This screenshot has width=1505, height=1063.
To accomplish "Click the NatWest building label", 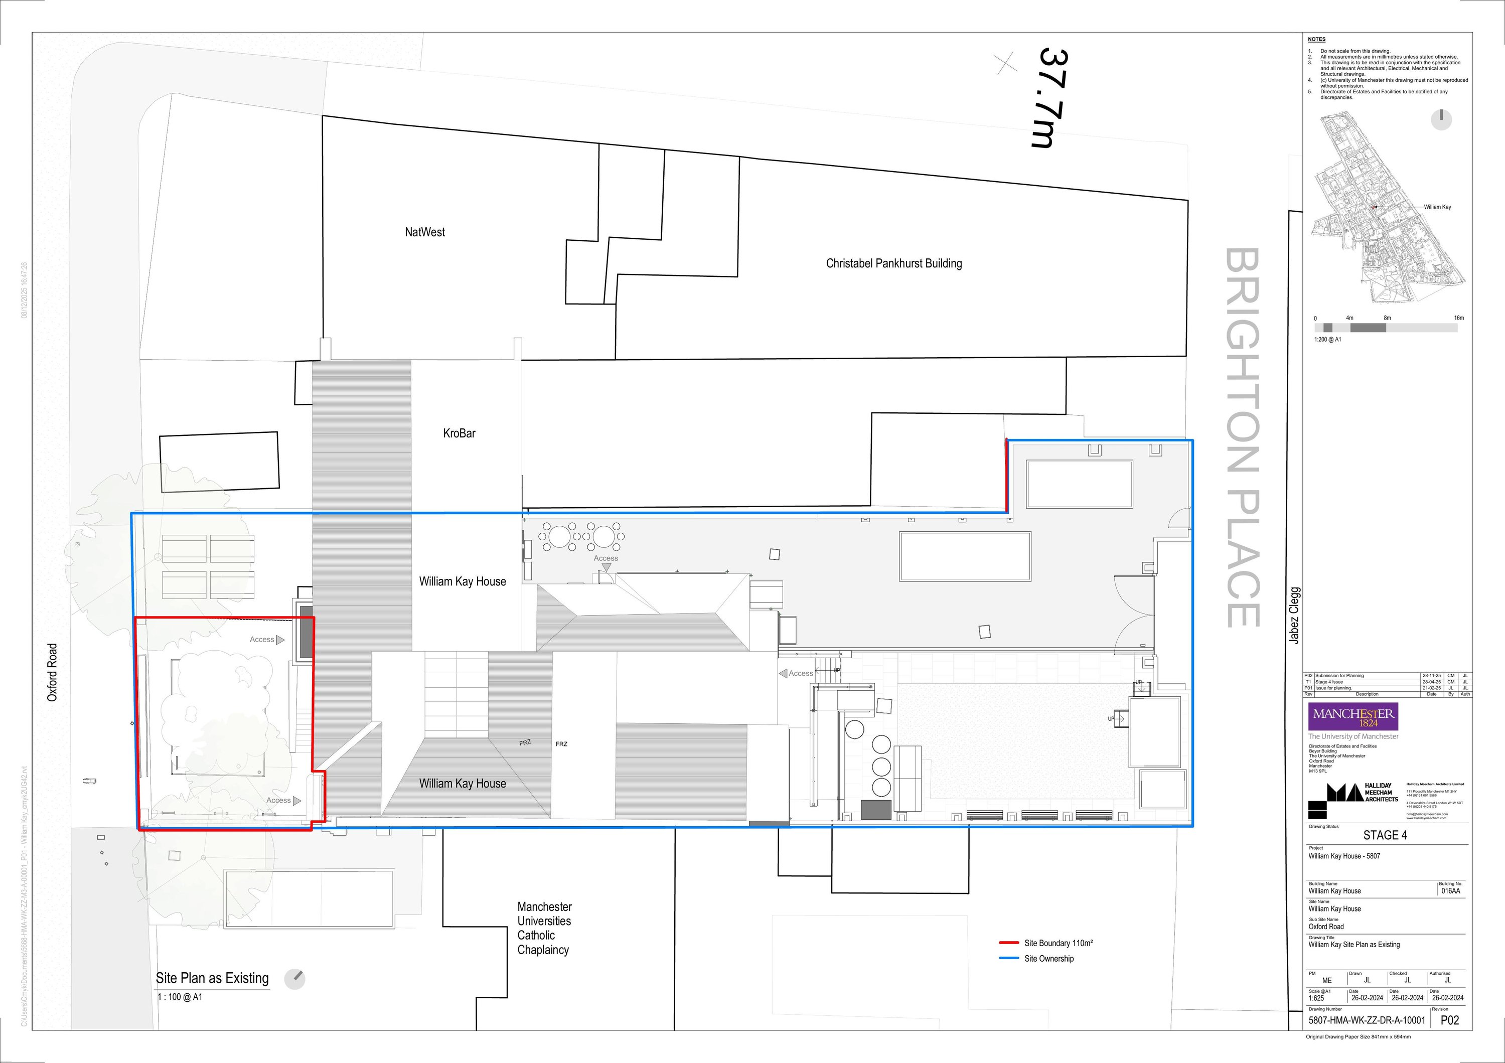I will click(x=425, y=232).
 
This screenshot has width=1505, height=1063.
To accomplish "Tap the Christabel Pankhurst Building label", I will click(x=893, y=263).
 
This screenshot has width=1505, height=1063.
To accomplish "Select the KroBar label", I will click(x=459, y=433).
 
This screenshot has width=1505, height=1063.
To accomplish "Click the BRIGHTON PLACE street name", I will click(x=1242, y=437).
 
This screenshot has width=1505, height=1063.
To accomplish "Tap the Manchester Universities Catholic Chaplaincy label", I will click(x=543, y=928).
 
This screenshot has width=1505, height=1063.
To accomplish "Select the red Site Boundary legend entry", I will click(x=1058, y=943).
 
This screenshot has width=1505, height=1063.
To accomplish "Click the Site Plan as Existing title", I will click(x=212, y=978).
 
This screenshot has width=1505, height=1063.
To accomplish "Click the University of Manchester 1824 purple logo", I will click(x=1353, y=717).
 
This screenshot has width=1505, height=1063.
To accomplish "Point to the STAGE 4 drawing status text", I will click(x=1385, y=835).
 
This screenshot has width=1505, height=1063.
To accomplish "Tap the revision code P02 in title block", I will click(x=1449, y=1020).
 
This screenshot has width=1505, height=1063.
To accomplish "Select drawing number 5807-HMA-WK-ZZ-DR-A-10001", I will click(x=1367, y=1020).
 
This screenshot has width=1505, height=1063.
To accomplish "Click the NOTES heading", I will click(x=1316, y=39).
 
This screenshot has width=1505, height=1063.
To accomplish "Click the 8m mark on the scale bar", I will click(x=1387, y=318).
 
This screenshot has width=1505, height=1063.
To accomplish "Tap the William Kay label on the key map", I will click(x=1437, y=207).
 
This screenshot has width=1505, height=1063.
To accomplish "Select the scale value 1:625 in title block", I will click(x=1316, y=998).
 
